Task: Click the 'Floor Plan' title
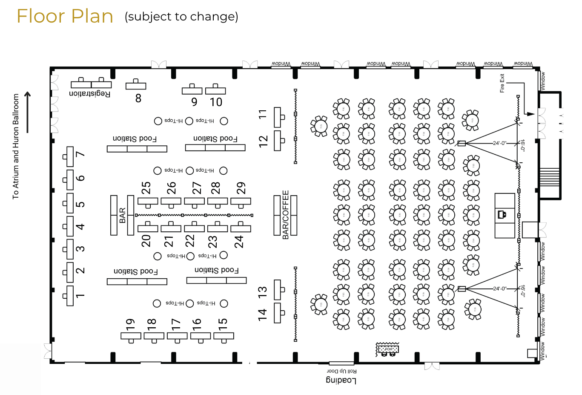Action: click(x=65, y=17)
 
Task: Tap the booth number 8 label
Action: click(x=138, y=98)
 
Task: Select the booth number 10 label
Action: click(x=216, y=102)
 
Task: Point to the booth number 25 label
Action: click(x=146, y=188)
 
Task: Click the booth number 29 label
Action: click(x=241, y=188)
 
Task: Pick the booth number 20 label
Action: click(x=146, y=241)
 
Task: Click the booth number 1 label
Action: click(x=80, y=295)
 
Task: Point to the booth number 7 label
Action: click(x=80, y=154)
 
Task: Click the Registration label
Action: click(x=90, y=93)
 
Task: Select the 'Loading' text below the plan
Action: click(x=341, y=380)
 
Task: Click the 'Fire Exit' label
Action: click(x=502, y=84)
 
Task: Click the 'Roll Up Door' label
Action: click(x=341, y=371)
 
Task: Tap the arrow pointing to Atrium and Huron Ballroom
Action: click(x=28, y=112)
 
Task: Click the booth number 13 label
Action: click(x=263, y=292)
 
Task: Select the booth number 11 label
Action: click(x=263, y=114)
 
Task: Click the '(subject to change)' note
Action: click(x=181, y=17)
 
